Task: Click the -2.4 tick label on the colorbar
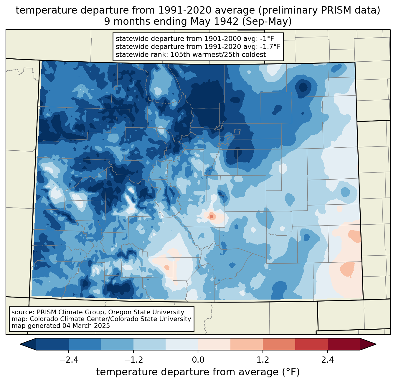(x=69, y=360)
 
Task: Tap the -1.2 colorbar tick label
(x=133, y=360)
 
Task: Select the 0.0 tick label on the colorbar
(x=198, y=360)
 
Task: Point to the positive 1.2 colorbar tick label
(x=263, y=360)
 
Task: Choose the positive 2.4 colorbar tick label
(x=328, y=360)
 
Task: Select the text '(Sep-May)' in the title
(x=267, y=22)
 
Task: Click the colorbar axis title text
(x=198, y=372)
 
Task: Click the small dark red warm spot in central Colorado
(x=212, y=216)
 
